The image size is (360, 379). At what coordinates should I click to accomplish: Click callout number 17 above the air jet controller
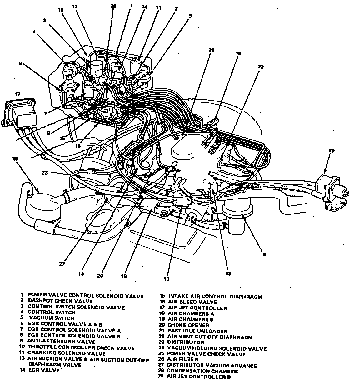(17, 94)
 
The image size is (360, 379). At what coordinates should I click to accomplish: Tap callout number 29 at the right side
(331, 150)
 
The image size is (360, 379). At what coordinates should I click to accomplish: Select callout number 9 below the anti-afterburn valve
(264, 254)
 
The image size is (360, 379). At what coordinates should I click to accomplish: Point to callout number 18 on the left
(15, 159)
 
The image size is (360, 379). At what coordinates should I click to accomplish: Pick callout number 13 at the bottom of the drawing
(167, 279)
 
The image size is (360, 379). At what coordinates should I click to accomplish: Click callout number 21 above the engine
(211, 50)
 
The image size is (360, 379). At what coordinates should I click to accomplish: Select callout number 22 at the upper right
(261, 66)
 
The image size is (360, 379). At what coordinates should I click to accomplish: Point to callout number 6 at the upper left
(21, 63)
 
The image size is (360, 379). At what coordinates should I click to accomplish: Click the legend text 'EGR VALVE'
(43, 371)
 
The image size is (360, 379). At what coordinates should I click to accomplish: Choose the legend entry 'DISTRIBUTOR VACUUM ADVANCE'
(212, 366)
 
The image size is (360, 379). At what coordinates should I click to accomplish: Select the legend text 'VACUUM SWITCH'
(52, 318)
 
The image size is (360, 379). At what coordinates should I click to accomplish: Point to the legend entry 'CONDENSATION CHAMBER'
(202, 371)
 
